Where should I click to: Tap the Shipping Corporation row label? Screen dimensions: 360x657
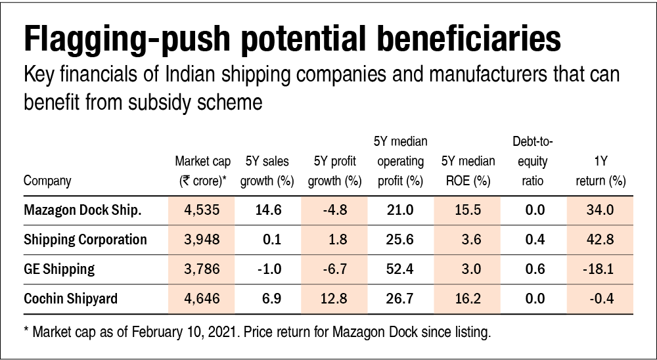85,239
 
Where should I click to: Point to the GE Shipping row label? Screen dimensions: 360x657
59,269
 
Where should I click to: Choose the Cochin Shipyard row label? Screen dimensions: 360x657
71,299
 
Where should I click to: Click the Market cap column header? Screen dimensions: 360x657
201,171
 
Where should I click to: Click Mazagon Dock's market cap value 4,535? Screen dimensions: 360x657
200,210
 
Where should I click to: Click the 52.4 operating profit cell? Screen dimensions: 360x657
400,269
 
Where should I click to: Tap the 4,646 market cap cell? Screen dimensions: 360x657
200,299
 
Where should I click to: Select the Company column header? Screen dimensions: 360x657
47,181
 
